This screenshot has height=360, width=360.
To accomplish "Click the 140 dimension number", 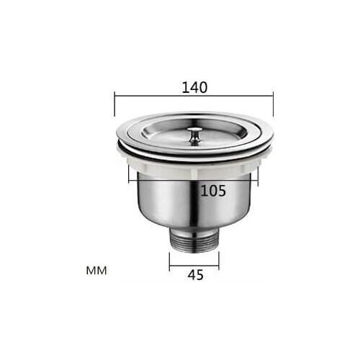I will tap(194, 87).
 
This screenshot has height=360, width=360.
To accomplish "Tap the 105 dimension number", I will tap(213, 191).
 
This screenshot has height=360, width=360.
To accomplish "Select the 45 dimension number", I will tap(194, 275).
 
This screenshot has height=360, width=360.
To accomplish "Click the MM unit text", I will tap(96, 271).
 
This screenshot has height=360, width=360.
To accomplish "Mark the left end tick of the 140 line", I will tap(114, 104).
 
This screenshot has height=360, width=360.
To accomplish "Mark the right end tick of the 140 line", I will tap(273, 104).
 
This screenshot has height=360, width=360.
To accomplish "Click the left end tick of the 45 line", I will tap(170, 260).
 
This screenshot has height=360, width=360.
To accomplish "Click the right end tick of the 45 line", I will tap(219, 260).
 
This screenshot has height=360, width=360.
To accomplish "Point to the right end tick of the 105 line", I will tap(257, 176).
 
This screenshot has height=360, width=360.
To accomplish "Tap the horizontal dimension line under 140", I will tap(194, 95).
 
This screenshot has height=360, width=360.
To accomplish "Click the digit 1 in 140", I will tap(184, 87).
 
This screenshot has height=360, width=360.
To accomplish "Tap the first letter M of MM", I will tap(91, 271).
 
